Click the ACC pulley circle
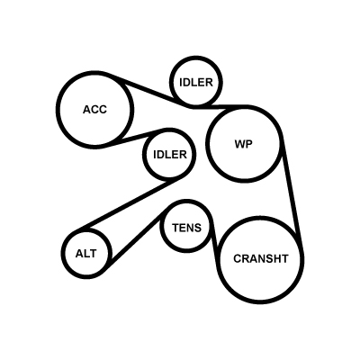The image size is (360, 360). pos(58,110)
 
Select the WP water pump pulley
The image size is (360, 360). pos(207,144)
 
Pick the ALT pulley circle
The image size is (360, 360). pos(62,253)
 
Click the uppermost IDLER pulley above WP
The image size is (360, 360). pos(171,82)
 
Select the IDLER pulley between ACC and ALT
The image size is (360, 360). pos(144,155)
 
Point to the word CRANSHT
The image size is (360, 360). pos(261,258)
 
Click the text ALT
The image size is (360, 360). pos(86,254)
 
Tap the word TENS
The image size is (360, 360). pos(186,228)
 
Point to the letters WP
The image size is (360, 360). pos(244,144)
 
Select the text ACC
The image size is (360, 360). pos(94,110)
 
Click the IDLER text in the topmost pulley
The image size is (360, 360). pos(196,82)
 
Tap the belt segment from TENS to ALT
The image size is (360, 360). pos(138,238)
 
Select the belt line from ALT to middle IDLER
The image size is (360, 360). pos(129,205)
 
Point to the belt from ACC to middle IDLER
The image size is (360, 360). pos(137,137)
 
